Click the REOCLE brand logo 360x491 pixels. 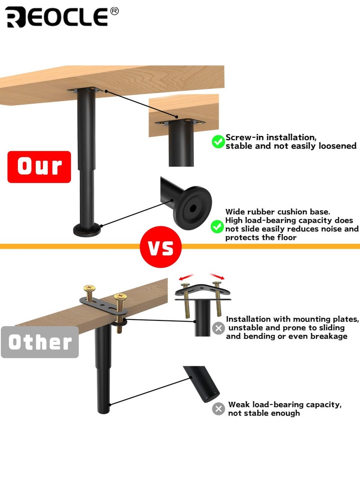[57, 17]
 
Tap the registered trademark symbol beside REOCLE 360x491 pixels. [114, 11]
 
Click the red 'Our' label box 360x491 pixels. [39, 167]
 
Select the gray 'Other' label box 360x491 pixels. [40, 342]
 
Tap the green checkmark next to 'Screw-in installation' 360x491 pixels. [218, 142]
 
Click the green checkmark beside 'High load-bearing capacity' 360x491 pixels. [218, 226]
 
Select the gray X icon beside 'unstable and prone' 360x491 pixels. [218, 329]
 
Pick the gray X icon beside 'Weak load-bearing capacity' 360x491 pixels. [218, 409]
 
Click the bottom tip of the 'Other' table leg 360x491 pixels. [103, 410]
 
